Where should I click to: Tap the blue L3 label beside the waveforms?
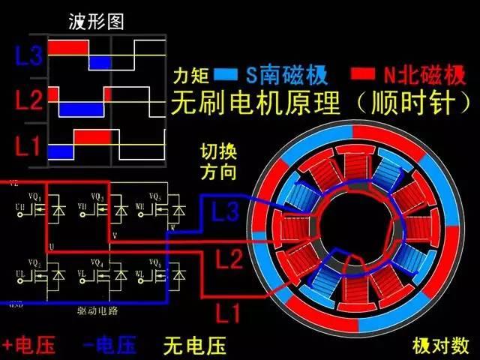point(29,54)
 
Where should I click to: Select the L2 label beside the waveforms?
point(28,100)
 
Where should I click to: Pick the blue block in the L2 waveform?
point(82,109)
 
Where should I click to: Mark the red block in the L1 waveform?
point(92,138)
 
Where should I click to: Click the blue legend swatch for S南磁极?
point(224,75)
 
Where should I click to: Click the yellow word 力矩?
point(190,76)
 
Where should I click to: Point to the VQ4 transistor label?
point(96,262)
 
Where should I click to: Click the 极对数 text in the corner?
point(440,346)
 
